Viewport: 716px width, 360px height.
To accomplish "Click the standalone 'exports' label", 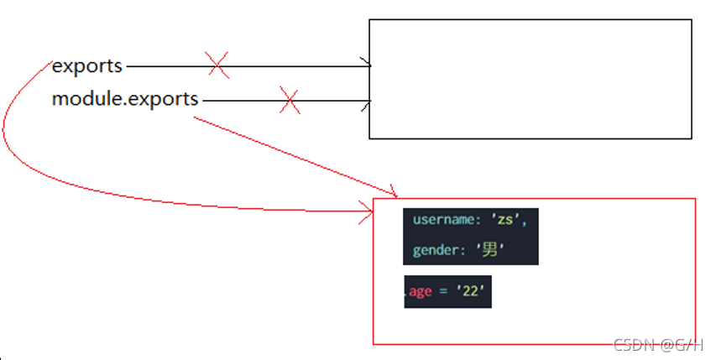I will pyautogui.click(x=87, y=65).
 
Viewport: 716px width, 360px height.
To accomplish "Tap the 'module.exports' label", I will pyautogui.click(x=125, y=99).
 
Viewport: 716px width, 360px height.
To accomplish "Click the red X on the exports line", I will pyautogui.click(x=217, y=65).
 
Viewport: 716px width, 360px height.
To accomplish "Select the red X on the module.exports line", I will pyautogui.click(x=290, y=102).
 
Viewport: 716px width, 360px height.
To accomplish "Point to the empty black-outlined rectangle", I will pyautogui.click(x=530, y=79).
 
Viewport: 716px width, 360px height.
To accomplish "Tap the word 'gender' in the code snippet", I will pyautogui.click(x=435, y=250).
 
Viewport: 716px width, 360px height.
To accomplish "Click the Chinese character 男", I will pyautogui.click(x=489, y=250).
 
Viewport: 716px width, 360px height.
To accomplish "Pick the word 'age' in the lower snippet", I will pyautogui.click(x=420, y=292).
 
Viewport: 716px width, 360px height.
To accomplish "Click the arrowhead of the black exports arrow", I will pyautogui.click(x=366, y=64).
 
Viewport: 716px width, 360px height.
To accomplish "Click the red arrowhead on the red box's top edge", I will pyautogui.click(x=391, y=194).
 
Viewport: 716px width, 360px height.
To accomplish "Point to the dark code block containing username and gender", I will pyautogui.click(x=470, y=236).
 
